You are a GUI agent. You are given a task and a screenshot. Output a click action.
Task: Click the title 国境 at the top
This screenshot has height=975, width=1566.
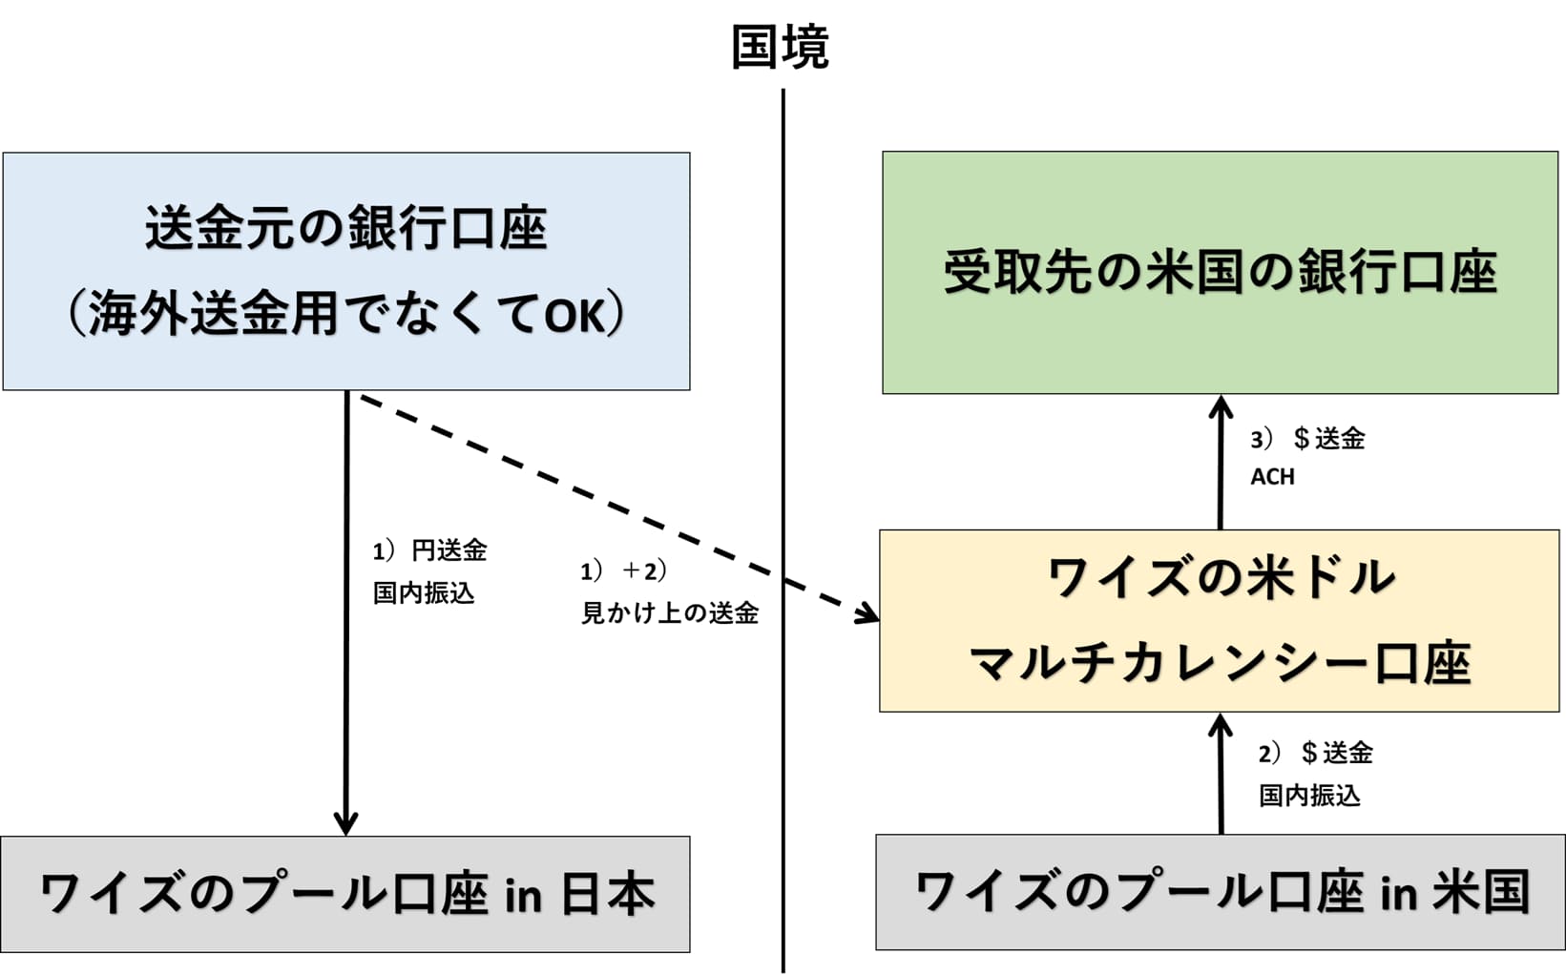coord(780,47)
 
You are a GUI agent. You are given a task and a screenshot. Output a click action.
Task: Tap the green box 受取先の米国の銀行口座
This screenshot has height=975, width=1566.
coord(1220,272)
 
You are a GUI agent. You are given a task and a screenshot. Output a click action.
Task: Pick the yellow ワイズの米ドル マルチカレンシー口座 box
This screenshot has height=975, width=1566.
coord(1220,620)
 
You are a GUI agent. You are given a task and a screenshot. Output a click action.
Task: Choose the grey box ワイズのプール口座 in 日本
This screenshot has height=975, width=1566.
coord(345,894)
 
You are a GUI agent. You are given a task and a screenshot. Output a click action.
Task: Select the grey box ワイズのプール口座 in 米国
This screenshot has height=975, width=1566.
coord(1220,892)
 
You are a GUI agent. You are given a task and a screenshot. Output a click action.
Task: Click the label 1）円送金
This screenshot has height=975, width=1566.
coord(430,550)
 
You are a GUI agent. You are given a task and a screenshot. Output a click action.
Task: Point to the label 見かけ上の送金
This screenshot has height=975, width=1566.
coord(670,612)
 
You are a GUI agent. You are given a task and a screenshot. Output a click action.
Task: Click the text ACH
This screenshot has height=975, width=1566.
coord(1272,476)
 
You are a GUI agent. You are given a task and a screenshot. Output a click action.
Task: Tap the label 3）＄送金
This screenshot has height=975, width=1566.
coord(1307,439)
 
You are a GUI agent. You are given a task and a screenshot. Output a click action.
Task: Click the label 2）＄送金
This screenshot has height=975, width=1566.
coord(1315,753)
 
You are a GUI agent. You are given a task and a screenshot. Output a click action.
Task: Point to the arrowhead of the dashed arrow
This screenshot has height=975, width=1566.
coord(868,612)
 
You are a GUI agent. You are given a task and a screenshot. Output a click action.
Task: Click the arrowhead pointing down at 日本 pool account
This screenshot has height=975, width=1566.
coord(345,823)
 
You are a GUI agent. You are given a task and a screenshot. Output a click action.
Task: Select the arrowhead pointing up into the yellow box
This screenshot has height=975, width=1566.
coord(1221,725)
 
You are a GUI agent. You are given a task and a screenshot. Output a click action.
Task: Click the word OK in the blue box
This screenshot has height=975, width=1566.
coord(575,316)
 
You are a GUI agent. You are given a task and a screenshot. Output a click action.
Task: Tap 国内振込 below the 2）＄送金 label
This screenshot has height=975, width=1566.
coord(1309,795)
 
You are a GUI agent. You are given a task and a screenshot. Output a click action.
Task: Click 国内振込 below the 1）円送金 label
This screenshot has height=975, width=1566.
coord(424,592)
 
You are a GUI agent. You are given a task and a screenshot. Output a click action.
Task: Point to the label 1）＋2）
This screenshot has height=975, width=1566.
coord(623,570)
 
